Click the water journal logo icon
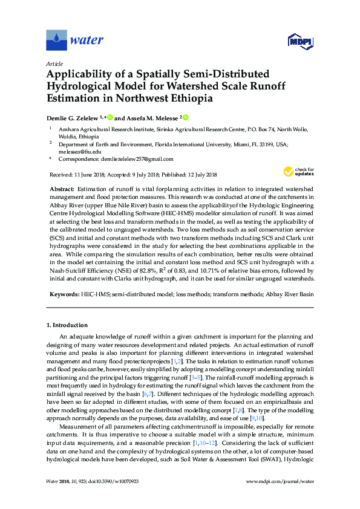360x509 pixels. coord(56,41)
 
